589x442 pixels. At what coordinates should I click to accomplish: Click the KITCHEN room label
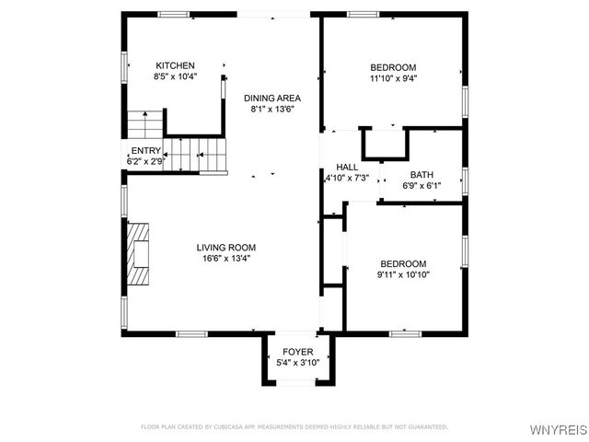click(175, 65)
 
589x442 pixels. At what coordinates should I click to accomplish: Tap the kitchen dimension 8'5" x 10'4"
click(175, 77)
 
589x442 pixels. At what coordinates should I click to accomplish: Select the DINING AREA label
click(271, 98)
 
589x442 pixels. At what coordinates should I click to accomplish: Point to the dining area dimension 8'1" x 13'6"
click(271, 110)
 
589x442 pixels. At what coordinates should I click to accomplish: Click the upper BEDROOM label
click(393, 67)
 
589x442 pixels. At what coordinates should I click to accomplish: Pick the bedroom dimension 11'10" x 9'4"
click(393, 79)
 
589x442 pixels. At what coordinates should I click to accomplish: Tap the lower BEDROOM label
click(402, 262)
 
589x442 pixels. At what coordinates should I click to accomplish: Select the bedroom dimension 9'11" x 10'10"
click(402, 274)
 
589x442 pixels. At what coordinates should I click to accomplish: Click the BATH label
click(422, 174)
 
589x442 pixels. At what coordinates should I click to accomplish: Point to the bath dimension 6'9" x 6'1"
click(422, 185)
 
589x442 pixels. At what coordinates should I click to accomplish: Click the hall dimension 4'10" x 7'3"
click(347, 179)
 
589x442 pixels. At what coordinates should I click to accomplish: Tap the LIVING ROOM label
click(225, 247)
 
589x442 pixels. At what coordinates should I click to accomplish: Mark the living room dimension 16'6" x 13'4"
click(225, 259)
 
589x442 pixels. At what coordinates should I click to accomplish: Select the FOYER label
click(297, 352)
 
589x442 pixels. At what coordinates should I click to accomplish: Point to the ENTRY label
click(145, 151)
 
